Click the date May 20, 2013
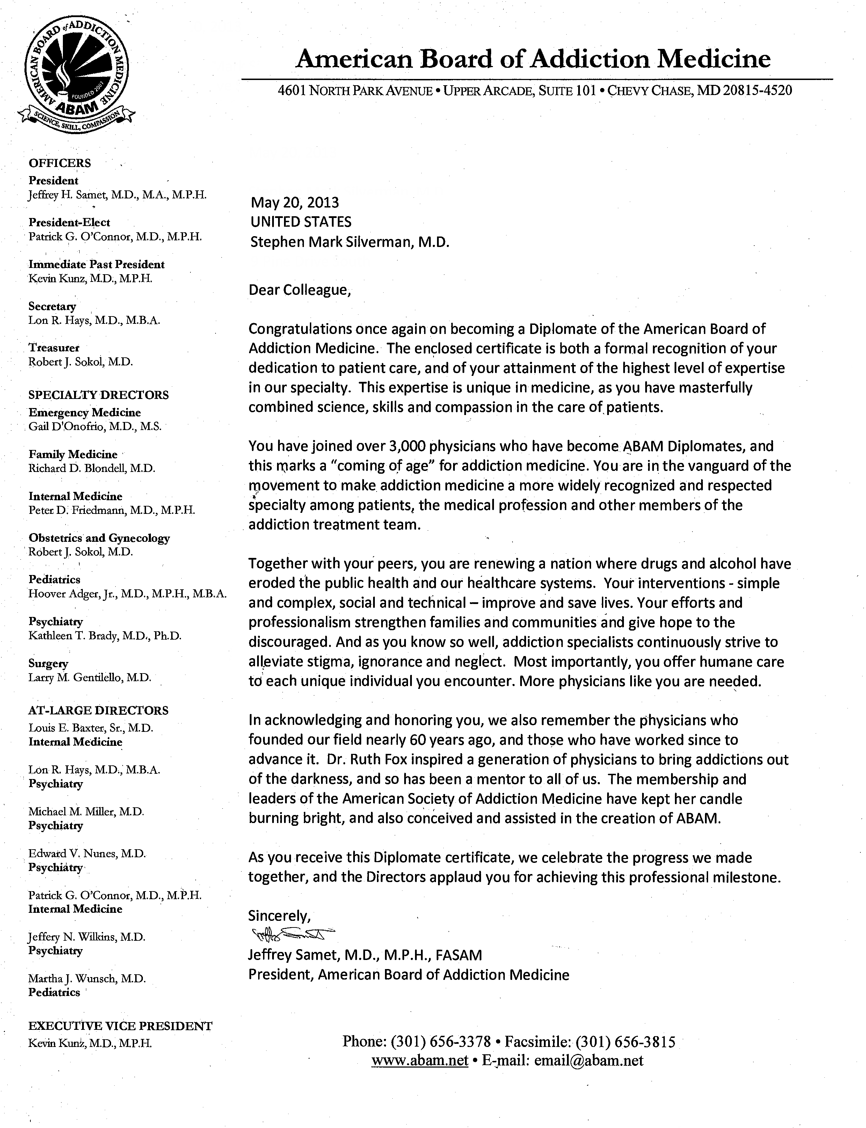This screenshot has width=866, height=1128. pos(294,202)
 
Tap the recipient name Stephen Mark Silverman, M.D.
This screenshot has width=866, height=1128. pos(349,242)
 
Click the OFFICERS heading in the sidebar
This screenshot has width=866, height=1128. pos(60,163)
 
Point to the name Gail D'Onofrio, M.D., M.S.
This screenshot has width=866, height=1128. pos(95,426)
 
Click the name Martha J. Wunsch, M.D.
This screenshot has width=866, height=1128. pos(87,978)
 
